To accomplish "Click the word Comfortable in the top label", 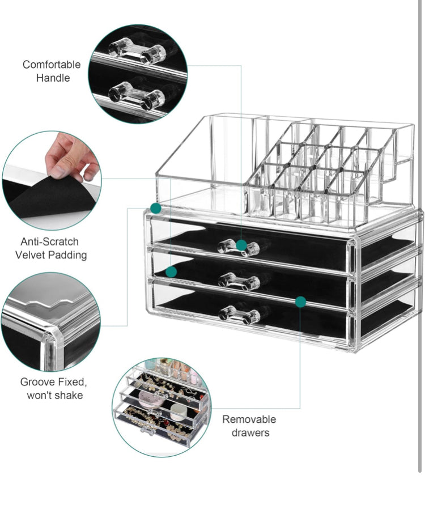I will tap(52, 65).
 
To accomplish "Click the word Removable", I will tap(249, 419).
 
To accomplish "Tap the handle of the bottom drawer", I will tap(239, 313).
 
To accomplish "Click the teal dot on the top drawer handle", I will tap(242, 245).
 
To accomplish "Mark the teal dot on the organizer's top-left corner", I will tap(156, 208).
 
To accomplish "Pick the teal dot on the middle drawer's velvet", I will tap(171, 272).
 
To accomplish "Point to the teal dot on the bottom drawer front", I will tap(301, 302).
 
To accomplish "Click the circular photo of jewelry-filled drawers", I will tap(160, 407).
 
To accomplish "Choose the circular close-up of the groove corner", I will tap(51, 321).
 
